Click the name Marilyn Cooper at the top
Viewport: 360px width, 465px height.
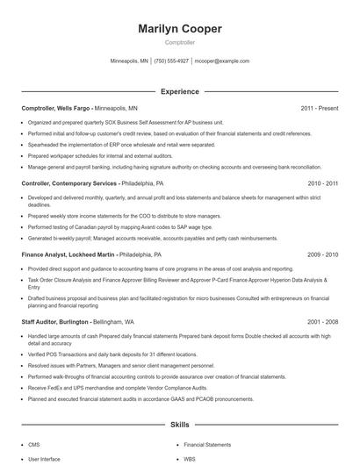[180, 29]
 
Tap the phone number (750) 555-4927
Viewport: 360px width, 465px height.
[171, 61]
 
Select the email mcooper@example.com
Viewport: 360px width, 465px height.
[221, 61]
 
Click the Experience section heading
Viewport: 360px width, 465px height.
[180, 91]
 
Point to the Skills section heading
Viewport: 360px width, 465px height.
[180, 425]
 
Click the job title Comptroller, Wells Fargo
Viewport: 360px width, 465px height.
[56, 108]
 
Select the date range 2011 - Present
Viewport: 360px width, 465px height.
[320, 108]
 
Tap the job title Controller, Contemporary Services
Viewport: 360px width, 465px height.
[68, 184]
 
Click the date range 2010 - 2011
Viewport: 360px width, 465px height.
[323, 184]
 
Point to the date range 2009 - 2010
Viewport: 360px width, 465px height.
[323, 254]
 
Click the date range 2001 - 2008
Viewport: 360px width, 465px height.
[323, 323]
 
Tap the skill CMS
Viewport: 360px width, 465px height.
[34, 445]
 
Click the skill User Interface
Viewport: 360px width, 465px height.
[44, 458]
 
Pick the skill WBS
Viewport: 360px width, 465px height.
[190, 458]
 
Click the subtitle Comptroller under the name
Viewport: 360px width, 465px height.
[180, 42]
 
